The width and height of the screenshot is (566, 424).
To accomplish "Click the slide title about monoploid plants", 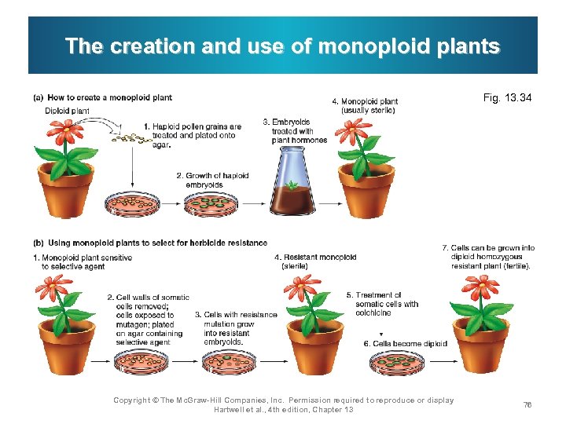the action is [282, 46].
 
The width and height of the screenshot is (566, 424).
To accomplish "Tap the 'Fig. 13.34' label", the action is [507, 98].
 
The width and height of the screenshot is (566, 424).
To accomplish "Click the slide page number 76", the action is [527, 404].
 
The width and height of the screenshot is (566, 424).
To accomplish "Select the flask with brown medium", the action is [292, 185].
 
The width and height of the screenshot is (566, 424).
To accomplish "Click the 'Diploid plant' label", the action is [67, 111].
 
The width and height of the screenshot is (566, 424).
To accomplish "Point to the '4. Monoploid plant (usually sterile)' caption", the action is [365, 106].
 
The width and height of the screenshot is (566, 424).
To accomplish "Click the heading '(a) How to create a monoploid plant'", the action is [102, 97].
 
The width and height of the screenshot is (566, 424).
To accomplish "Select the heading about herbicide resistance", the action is [149, 243].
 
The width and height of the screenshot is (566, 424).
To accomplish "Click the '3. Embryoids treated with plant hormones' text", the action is [294, 131].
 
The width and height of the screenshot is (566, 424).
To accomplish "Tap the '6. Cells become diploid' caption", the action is [405, 343].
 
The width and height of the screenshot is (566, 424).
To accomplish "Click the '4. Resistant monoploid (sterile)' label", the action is [315, 261].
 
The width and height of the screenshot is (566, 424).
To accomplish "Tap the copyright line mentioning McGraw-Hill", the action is [283, 404].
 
